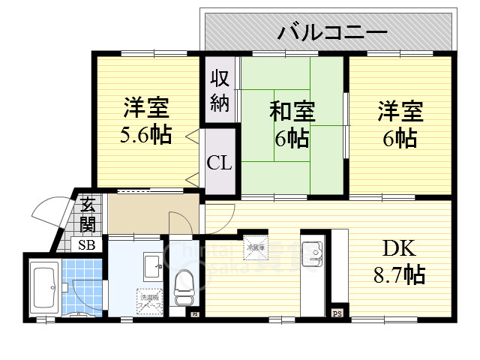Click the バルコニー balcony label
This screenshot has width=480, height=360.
point(332,32)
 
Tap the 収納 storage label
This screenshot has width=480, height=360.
point(219,90)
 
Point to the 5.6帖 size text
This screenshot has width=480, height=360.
point(146,136)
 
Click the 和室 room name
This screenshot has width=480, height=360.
point(292,112)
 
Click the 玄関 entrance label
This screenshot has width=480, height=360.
point(88,213)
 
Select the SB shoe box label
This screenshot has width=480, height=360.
point(88,245)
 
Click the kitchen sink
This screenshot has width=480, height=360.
point(311,253)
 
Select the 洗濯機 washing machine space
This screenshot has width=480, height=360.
point(147,301)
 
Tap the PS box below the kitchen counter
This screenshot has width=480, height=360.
point(337,313)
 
